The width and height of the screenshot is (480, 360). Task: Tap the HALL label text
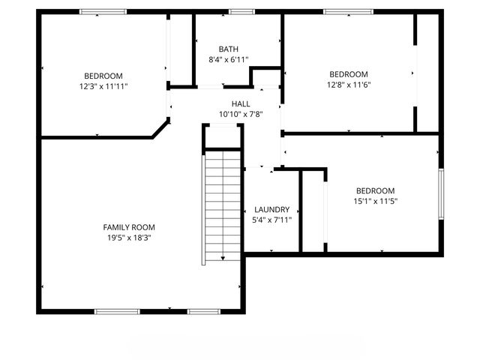click(x=241, y=104)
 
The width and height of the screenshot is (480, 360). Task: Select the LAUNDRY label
click(x=272, y=209)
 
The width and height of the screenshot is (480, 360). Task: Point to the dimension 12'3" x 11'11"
click(x=103, y=86)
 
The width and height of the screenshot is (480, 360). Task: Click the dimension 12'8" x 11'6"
click(x=349, y=84)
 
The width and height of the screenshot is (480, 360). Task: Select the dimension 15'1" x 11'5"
click(x=375, y=201)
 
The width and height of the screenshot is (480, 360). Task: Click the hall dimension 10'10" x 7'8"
click(x=241, y=114)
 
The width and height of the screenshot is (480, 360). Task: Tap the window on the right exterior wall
click(x=442, y=195)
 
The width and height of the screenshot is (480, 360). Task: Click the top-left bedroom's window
click(x=103, y=12)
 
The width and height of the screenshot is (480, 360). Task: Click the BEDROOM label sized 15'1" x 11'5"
click(x=375, y=190)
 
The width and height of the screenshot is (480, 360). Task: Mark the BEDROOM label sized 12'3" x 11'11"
click(x=103, y=76)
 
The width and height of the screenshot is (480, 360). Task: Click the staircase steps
click(x=223, y=202)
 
